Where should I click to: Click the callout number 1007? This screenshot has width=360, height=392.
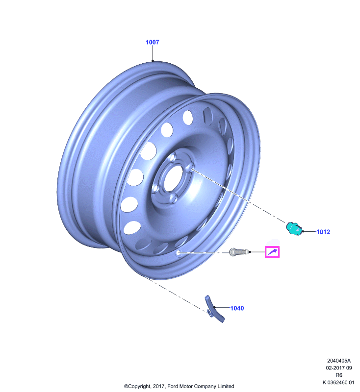click(x=153, y=42)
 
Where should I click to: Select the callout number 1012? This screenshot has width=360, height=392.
click(x=323, y=232)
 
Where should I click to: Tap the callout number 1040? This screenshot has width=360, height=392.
click(x=237, y=308)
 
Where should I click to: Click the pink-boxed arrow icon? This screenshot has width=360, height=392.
click(x=272, y=252)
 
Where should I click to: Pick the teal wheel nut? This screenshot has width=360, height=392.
click(x=294, y=229)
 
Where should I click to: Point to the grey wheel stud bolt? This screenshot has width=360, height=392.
click(x=239, y=251)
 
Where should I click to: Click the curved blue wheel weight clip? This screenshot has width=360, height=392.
click(x=214, y=309)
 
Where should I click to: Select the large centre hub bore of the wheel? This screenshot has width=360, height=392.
click(x=173, y=178)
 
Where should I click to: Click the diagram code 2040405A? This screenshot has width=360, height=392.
click(x=339, y=361)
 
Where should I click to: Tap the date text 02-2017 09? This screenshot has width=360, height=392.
click(x=339, y=368)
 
